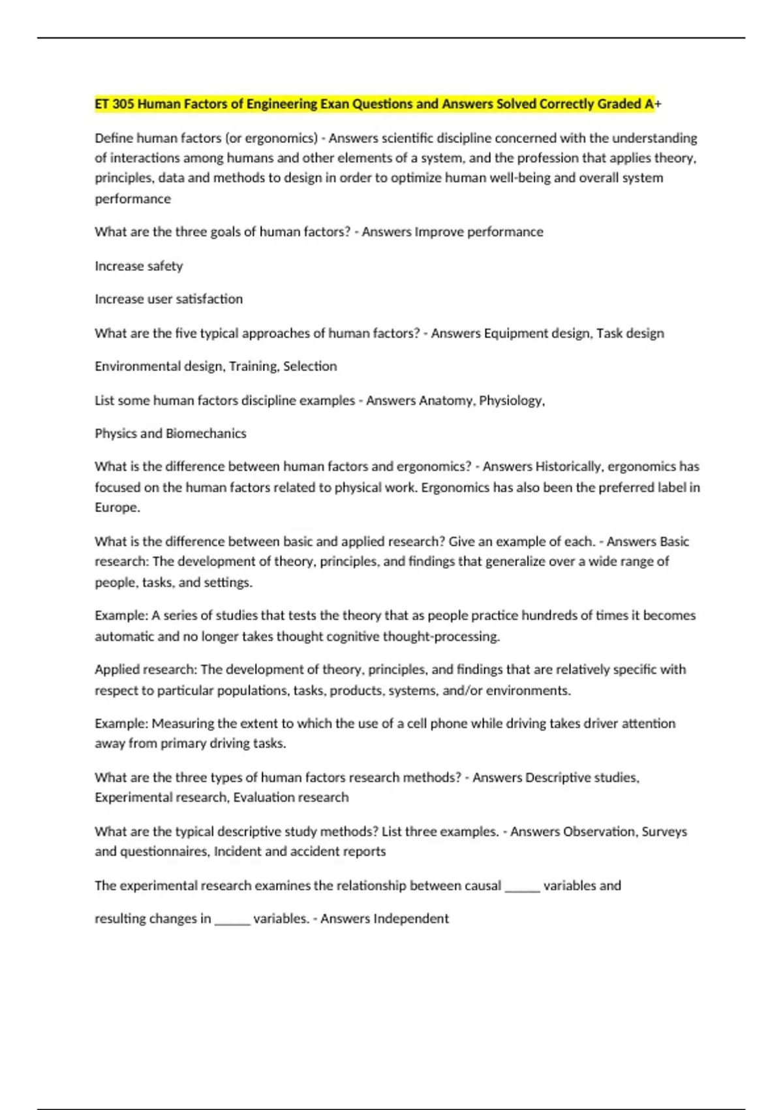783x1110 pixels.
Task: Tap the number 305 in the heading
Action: [x=123, y=104]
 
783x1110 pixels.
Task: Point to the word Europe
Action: [x=117, y=507]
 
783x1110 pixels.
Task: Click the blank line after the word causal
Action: [x=522, y=887]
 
